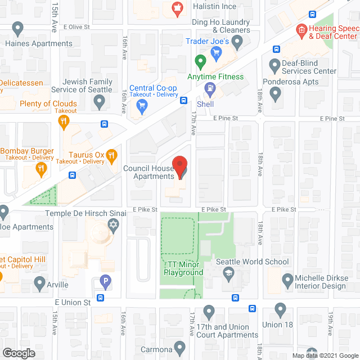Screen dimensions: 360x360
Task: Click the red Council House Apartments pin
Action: pyautogui.click(x=179, y=166)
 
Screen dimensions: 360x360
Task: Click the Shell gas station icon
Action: pyautogui.click(x=210, y=88)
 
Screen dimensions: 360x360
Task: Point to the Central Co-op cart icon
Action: pyautogui.click(x=142, y=105)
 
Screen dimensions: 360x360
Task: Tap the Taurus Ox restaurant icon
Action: pyautogui.click(x=112, y=154)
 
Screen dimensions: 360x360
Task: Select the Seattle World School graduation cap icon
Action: pyautogui.click(x=228, y=274)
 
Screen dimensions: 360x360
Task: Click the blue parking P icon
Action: pyautogui.click(x=105, y=280)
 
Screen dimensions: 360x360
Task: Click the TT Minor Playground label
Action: pyautogui.click(x=183, y=268)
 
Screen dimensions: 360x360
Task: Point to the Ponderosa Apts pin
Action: pyautogui.click(x=275, y=94)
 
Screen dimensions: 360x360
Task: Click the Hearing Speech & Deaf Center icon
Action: pyautogui.click(x=301, y=29)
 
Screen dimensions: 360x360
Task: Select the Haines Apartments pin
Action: pyautogui.click(x=17, y=28)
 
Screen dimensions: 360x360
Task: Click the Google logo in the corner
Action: pyautogui.click(x=19, y=353)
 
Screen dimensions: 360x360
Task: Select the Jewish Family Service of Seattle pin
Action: pyautogui.click(x=100, y=102)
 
